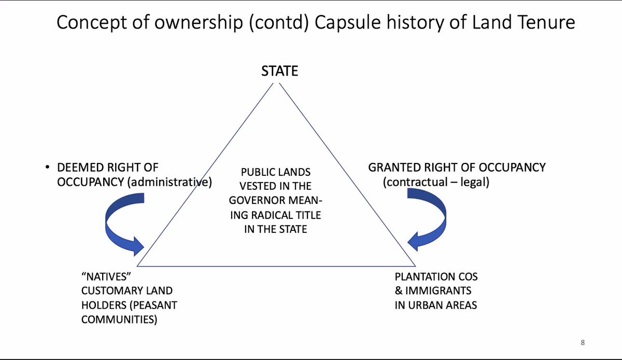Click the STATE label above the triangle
279,71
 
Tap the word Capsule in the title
347,22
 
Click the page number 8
583,342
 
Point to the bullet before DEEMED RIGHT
48,168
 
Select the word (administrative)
169,183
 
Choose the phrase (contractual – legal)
436,183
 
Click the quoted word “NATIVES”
106,277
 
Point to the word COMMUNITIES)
119,320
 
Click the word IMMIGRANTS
438,291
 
